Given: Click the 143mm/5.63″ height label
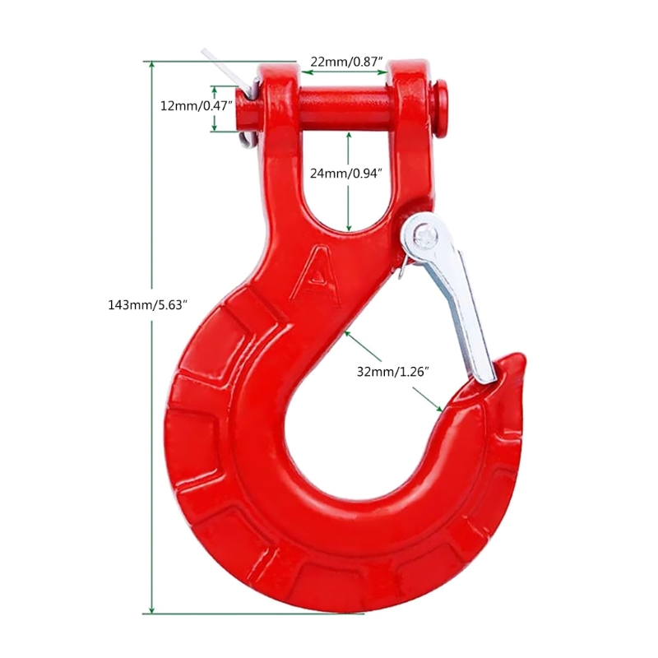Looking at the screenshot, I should click(x=148, y=304).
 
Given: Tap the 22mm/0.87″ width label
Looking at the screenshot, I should click(x=344, y=60).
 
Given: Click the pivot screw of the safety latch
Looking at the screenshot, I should click(x=422, y=235).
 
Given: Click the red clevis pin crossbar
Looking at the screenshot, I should click(x=345, y=104).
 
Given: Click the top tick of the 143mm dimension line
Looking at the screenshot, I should click(x=151, y=62).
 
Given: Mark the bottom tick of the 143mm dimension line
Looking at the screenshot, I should click(x=151, y=613).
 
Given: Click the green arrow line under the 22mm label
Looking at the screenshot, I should click(x=344, y=72).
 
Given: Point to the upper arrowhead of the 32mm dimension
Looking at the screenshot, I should click(x=350, y=333).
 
